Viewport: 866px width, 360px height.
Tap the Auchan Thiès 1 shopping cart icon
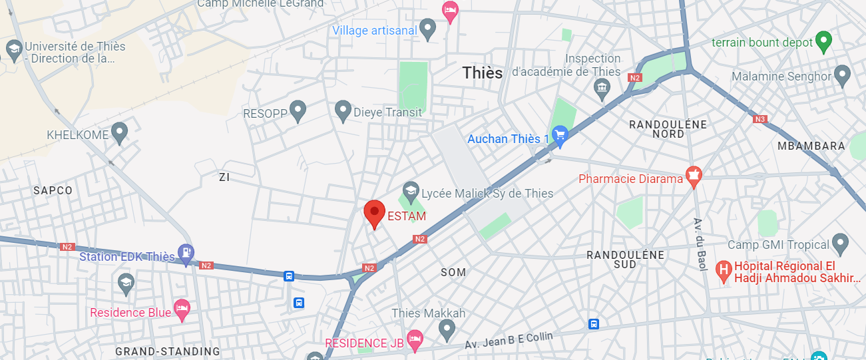point(560,136)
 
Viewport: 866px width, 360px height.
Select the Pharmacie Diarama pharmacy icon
point(694,176)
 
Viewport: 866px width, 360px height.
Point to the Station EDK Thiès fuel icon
point(187,253)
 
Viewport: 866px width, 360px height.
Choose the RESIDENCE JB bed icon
point(415,340)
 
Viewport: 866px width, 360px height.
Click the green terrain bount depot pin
point(824,41)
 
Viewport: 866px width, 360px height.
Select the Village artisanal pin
point(428,28)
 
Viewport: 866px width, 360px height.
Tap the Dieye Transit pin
point(343,110)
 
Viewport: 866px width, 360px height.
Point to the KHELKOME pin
point(119,132)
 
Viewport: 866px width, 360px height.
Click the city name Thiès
point(483,73)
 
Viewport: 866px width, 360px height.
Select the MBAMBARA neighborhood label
point(811,146)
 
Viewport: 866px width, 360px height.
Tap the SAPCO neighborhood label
point(53,190)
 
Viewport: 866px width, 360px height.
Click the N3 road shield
point(760,120)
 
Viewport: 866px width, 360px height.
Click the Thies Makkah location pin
point(447,328)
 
